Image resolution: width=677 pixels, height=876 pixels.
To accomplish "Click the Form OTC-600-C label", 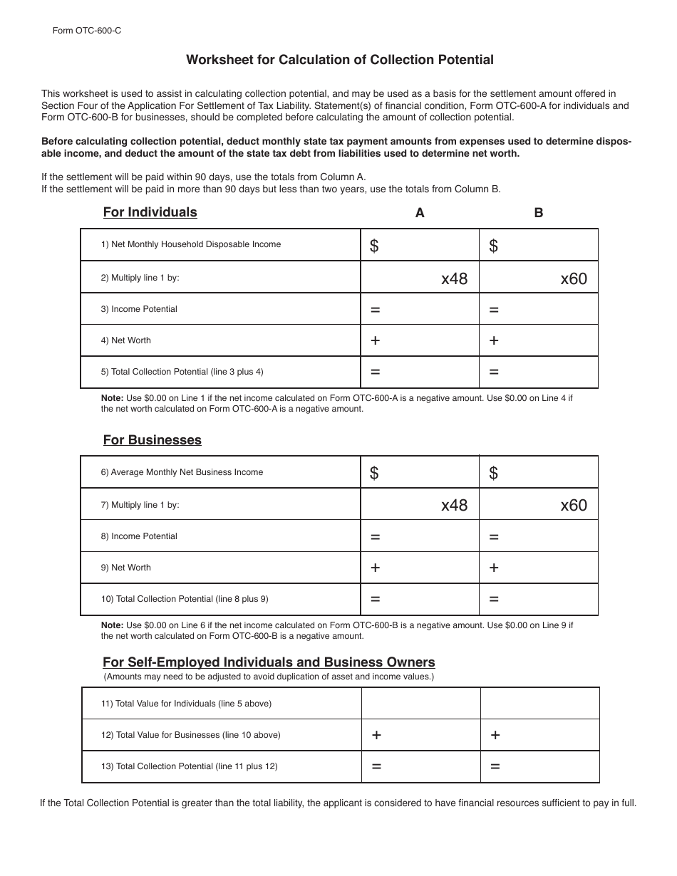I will coord(81,31).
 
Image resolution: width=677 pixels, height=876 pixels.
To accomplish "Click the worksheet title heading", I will coord(340,60).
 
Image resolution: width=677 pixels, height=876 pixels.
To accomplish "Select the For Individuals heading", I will coord(150,212).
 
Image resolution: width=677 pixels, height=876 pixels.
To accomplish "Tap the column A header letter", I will coord(420,213).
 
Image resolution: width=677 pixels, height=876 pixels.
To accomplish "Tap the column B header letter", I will coord(539,213).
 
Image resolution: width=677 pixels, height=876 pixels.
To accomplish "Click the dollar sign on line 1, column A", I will coord(374,246).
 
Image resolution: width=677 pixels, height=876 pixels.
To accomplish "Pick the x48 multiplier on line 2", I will coord(454,278).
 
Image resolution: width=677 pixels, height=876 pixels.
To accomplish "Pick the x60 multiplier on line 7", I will coord(574,506).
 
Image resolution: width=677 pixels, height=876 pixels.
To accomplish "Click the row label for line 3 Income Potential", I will coord(139,309).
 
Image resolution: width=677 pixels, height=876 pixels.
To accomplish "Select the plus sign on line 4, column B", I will coord(494,340).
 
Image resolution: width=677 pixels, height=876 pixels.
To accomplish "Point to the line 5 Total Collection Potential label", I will coord(182,372).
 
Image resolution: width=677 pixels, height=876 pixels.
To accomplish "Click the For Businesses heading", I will coord(152,440).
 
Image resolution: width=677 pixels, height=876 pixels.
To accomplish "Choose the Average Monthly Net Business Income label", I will coord(182,472).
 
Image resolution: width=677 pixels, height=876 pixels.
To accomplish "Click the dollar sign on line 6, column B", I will coord(493,474).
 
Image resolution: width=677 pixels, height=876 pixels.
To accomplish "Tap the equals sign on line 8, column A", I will coord(375,537).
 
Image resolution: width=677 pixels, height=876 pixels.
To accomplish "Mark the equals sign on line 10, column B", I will coord(494,600).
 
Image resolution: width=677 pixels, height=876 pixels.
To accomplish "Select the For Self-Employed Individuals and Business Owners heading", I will coord(269,662).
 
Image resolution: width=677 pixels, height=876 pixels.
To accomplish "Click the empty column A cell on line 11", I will coord(420,704).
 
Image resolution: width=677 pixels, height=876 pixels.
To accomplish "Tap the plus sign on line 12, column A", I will coord(376,735).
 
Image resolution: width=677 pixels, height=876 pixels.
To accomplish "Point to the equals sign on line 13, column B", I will coord(495,767).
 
